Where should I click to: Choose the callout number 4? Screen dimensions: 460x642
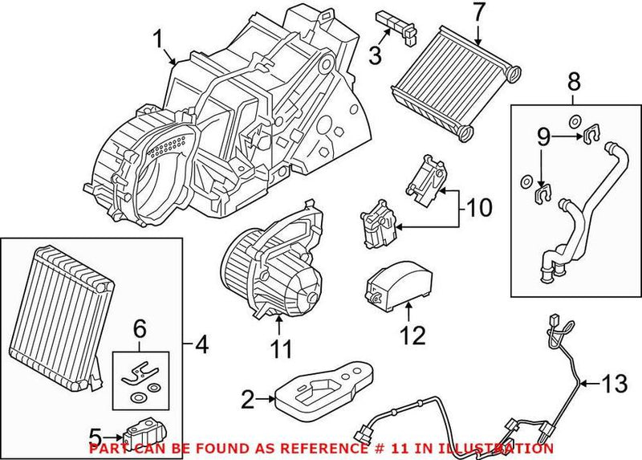pyautogui.click(x=203, y=347)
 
